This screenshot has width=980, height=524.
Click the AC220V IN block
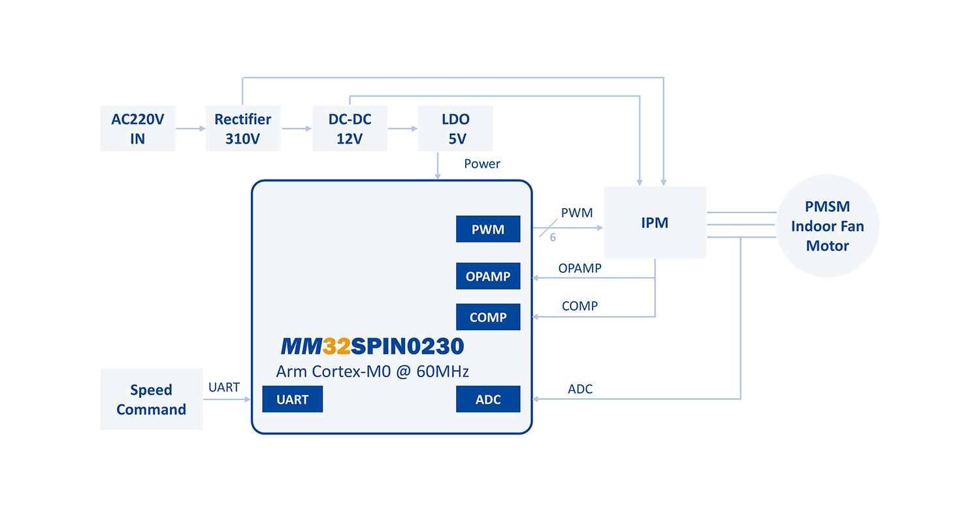(137, 129)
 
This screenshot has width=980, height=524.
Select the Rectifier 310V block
(242, 129)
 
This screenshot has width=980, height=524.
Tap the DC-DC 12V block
(350, 129)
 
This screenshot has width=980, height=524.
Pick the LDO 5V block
(455, 129)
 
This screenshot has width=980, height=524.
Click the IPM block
(655, 223)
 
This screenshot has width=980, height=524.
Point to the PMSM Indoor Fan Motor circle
(828, 226)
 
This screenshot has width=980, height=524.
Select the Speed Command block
(151, 399)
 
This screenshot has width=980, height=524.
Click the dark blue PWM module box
(488, 230)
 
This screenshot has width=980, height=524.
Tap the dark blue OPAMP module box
(488, 276)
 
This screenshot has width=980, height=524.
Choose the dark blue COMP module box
(488, 317)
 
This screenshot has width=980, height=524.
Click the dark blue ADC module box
(488, 399)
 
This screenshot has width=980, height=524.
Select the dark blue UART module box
(292, 399)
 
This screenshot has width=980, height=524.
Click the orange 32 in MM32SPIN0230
(336, 345)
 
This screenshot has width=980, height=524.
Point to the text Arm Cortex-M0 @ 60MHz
(373, 372)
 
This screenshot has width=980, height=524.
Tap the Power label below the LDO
(482, 164)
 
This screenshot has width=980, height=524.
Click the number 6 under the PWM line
(553, 238)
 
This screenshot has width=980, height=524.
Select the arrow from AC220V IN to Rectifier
(190, 129)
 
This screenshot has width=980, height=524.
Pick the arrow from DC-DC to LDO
(402, 129)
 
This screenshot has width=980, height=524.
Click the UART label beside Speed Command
(224, 387)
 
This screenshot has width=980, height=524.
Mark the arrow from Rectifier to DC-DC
(297, 129)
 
